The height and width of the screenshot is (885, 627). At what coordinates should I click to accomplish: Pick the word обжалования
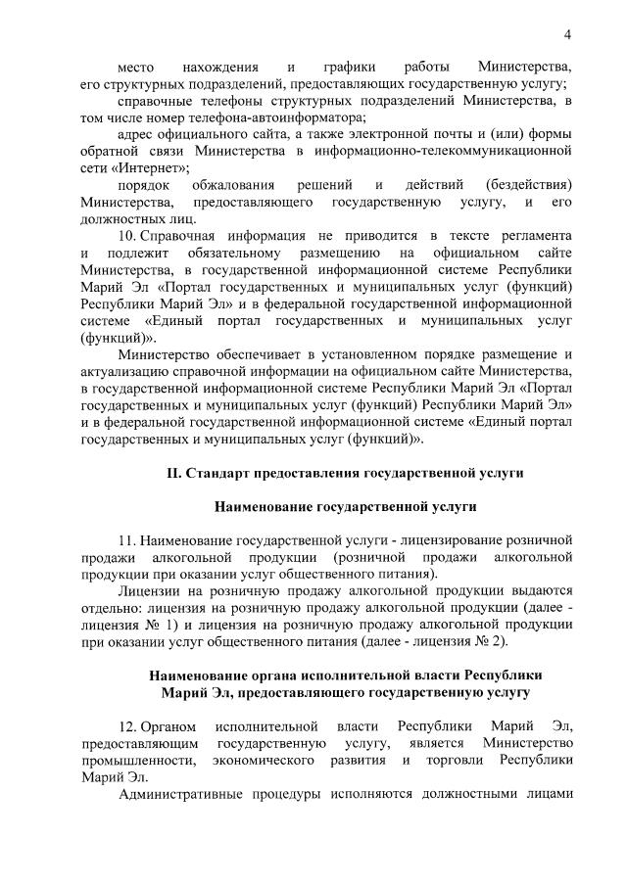[x=235, y=185]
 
